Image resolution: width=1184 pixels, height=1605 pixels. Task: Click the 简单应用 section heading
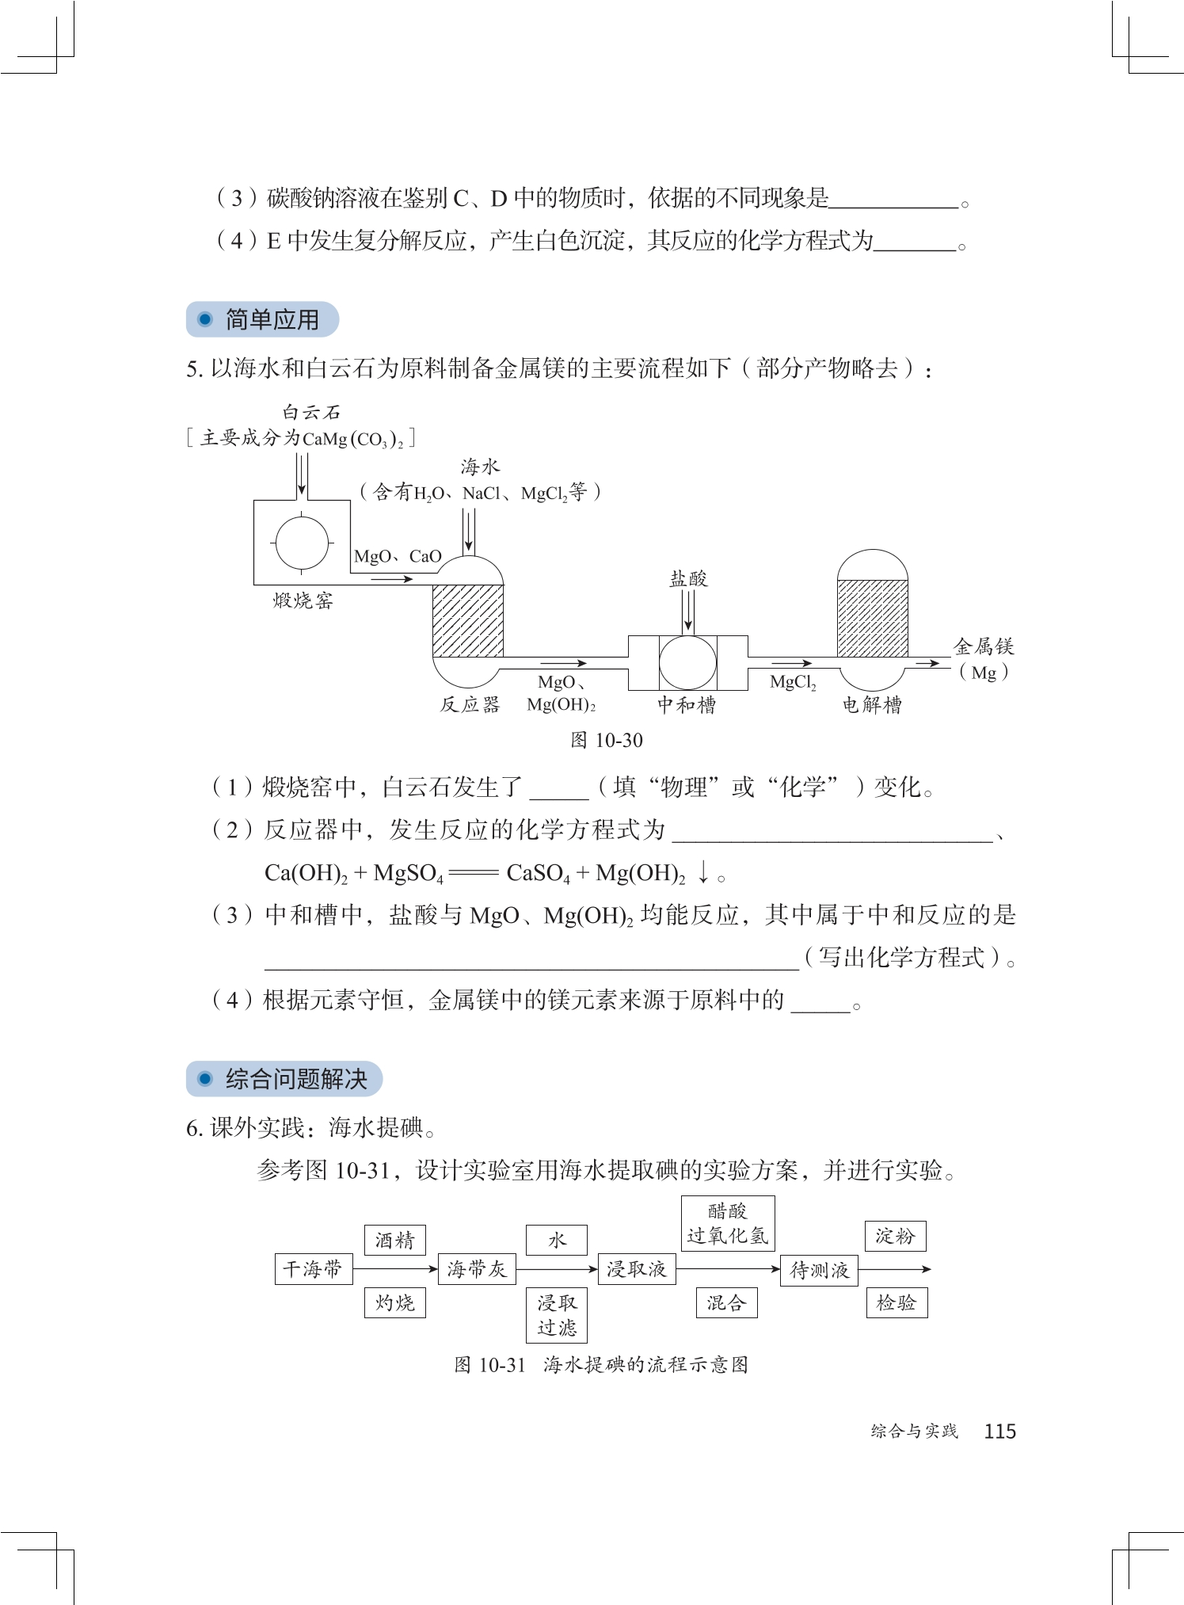coord(271,320)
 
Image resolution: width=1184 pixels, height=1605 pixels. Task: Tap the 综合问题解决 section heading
coord(295,1079)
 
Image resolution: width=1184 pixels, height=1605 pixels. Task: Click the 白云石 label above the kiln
coord(311,412)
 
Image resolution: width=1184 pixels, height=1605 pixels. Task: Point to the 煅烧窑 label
coord(303,601)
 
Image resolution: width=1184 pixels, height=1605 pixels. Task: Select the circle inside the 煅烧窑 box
coord(302,543)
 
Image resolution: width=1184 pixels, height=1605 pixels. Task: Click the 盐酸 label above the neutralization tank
coord(688,579)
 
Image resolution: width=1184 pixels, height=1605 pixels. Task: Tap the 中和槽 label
coord(687,704)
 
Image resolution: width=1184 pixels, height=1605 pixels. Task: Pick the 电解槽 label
coord(871,704)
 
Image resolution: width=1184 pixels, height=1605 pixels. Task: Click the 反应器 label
coord(470,704)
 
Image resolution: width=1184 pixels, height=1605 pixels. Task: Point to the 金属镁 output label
coord(984,647)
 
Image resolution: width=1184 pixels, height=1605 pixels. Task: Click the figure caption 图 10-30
coord(606,741)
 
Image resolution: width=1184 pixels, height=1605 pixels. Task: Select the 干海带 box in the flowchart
coord(313,1269)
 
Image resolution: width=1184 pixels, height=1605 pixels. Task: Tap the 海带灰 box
coord(476,1269)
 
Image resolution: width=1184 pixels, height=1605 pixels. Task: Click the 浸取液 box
coord(636,1269)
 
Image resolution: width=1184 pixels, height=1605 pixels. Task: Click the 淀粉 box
coord(895,1236)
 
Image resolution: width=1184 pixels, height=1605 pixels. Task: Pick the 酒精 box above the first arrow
coord(394,1240)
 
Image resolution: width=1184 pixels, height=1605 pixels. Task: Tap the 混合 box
coord(726,1303)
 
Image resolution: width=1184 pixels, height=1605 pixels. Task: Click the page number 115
coord(999,1431)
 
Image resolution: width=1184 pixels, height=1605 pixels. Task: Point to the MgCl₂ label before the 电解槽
coord(792,682)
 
